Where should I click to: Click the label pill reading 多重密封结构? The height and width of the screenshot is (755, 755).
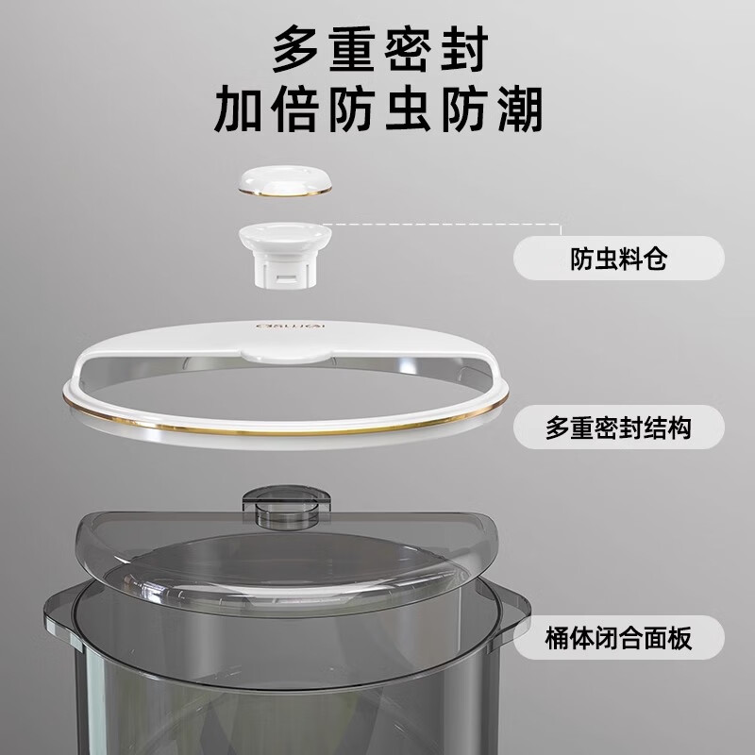[619, 428]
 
